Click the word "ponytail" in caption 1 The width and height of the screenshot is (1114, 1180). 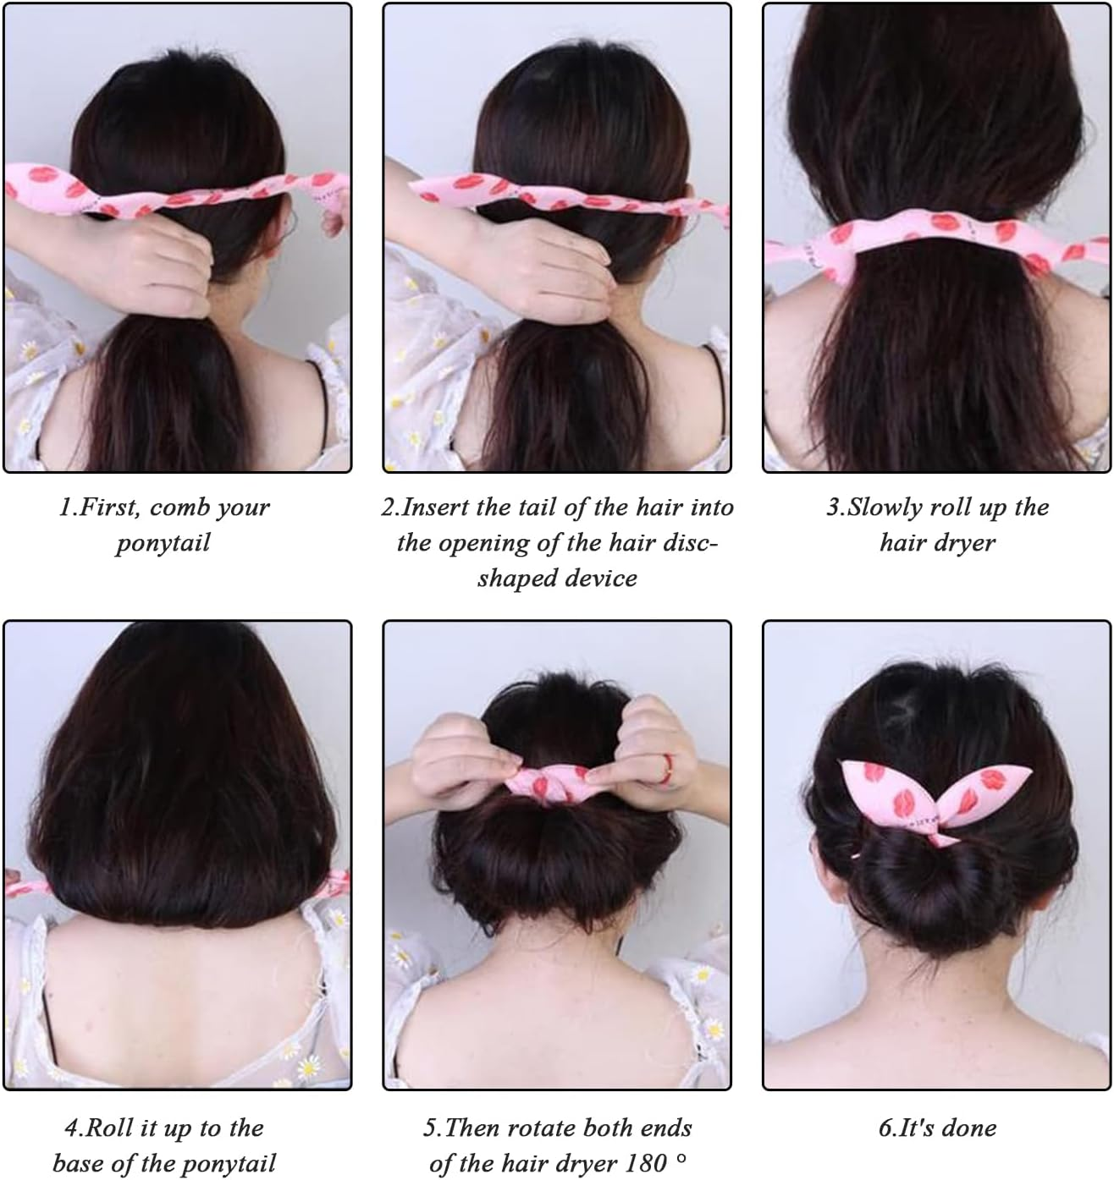pyautogui.click(x=163, y=543)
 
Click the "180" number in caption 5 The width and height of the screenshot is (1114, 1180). pyautogui.click(x=648, y=1163)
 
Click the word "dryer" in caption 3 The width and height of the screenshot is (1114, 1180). pyautogui.click(x=965, y=543)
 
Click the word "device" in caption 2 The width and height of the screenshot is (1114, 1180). pyautogui.click(x=599, y=579)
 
